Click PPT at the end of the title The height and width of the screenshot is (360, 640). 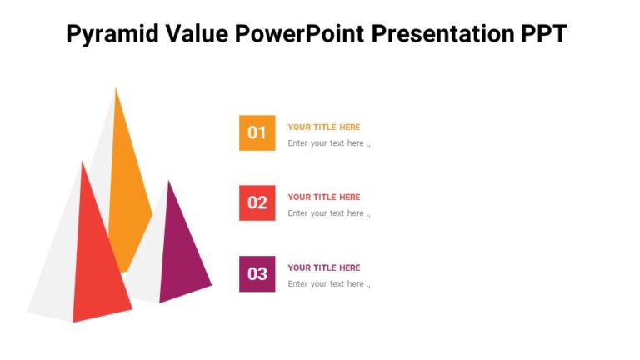(544, 34)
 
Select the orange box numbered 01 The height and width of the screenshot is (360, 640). (257, 132)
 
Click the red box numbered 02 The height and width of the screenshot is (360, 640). (257, 203)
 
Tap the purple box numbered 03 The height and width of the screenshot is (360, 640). (257, 273)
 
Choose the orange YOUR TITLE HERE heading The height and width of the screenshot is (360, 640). (324, 127)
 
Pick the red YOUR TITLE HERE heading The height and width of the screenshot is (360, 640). (324, 197)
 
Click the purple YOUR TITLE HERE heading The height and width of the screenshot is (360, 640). (324, 268)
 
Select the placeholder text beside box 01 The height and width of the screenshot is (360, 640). (328, 143)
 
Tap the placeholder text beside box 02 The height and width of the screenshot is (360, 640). (328, 213)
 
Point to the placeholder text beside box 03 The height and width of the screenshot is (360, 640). (328, 284)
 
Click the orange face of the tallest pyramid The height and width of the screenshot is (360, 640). (127, 183)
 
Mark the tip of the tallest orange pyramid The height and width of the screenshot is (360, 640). (116, 88)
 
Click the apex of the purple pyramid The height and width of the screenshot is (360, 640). (169, 182)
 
